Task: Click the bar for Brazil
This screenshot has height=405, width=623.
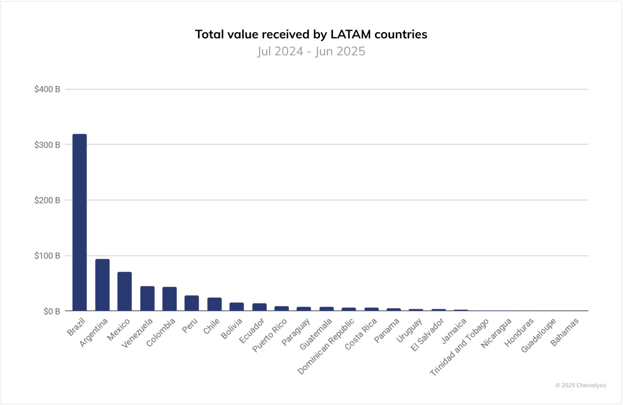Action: tap(79, 222)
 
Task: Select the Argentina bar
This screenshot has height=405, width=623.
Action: tap(102, 285)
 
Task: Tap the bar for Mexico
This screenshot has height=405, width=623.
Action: tap(124, 291)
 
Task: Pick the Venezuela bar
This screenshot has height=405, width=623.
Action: tap(147, 299)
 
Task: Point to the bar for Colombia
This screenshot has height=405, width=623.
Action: tap(169, 299)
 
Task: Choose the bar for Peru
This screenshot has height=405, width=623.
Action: tap(191, 303)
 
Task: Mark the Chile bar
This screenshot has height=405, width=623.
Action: tap(214, 304)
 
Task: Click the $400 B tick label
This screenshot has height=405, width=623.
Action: tap(47, 89)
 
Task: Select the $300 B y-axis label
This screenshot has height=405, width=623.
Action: tap(47, 145)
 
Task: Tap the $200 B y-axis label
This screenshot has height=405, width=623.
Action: tap(47, 200)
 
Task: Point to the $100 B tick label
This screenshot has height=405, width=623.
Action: tap(47, 256)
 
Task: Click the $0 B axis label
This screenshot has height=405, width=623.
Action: tap(51, 311)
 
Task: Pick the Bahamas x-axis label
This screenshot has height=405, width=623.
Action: tap(564, 332)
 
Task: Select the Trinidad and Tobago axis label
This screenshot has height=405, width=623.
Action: tap(459, 348)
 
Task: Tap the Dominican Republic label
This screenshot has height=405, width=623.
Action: tap(326, 347)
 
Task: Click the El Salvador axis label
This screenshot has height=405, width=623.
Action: tap(427, 335)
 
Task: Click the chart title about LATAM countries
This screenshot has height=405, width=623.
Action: tap(311, 34)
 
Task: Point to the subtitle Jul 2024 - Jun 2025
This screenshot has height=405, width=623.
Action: tap(311, 51)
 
